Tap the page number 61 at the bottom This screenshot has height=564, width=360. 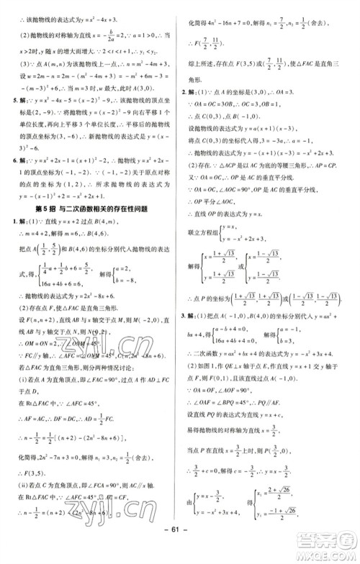point(179,548)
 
